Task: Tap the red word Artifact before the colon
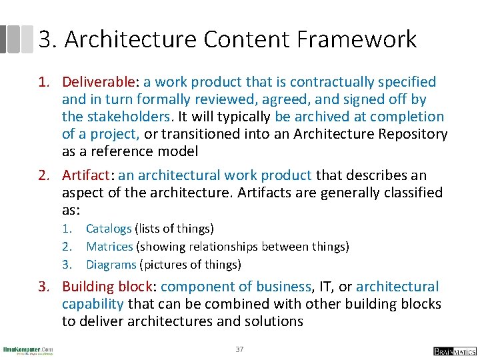(85, 175)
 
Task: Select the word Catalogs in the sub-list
(109, 229)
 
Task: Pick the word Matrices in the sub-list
(109, 247)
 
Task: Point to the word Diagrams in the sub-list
(111, 265)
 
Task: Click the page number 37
(239, 349)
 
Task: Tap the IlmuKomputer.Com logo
(28, 350)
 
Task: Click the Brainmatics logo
(454, 351)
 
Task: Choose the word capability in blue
(93, 304)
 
